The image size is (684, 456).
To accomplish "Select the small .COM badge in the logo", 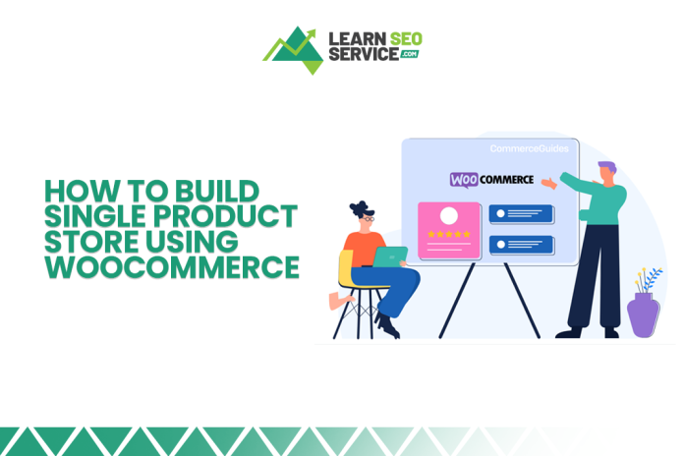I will tap(409, 54).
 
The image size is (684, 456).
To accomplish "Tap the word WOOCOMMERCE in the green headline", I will tap(172, 266).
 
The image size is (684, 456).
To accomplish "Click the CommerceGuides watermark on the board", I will tap(529, 149).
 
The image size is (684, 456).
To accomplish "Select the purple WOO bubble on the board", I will tap(464, 180).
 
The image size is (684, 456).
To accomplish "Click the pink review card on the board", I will tap(448, 230).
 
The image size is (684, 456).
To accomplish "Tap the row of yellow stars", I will tap(448, 235).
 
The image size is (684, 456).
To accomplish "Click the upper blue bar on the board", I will tap(521, 213).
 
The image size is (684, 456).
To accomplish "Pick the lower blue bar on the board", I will tap(521, 243).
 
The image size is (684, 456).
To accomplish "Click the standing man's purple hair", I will tap(606, 167).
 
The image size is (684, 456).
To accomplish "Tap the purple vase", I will tap(643, 315).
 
